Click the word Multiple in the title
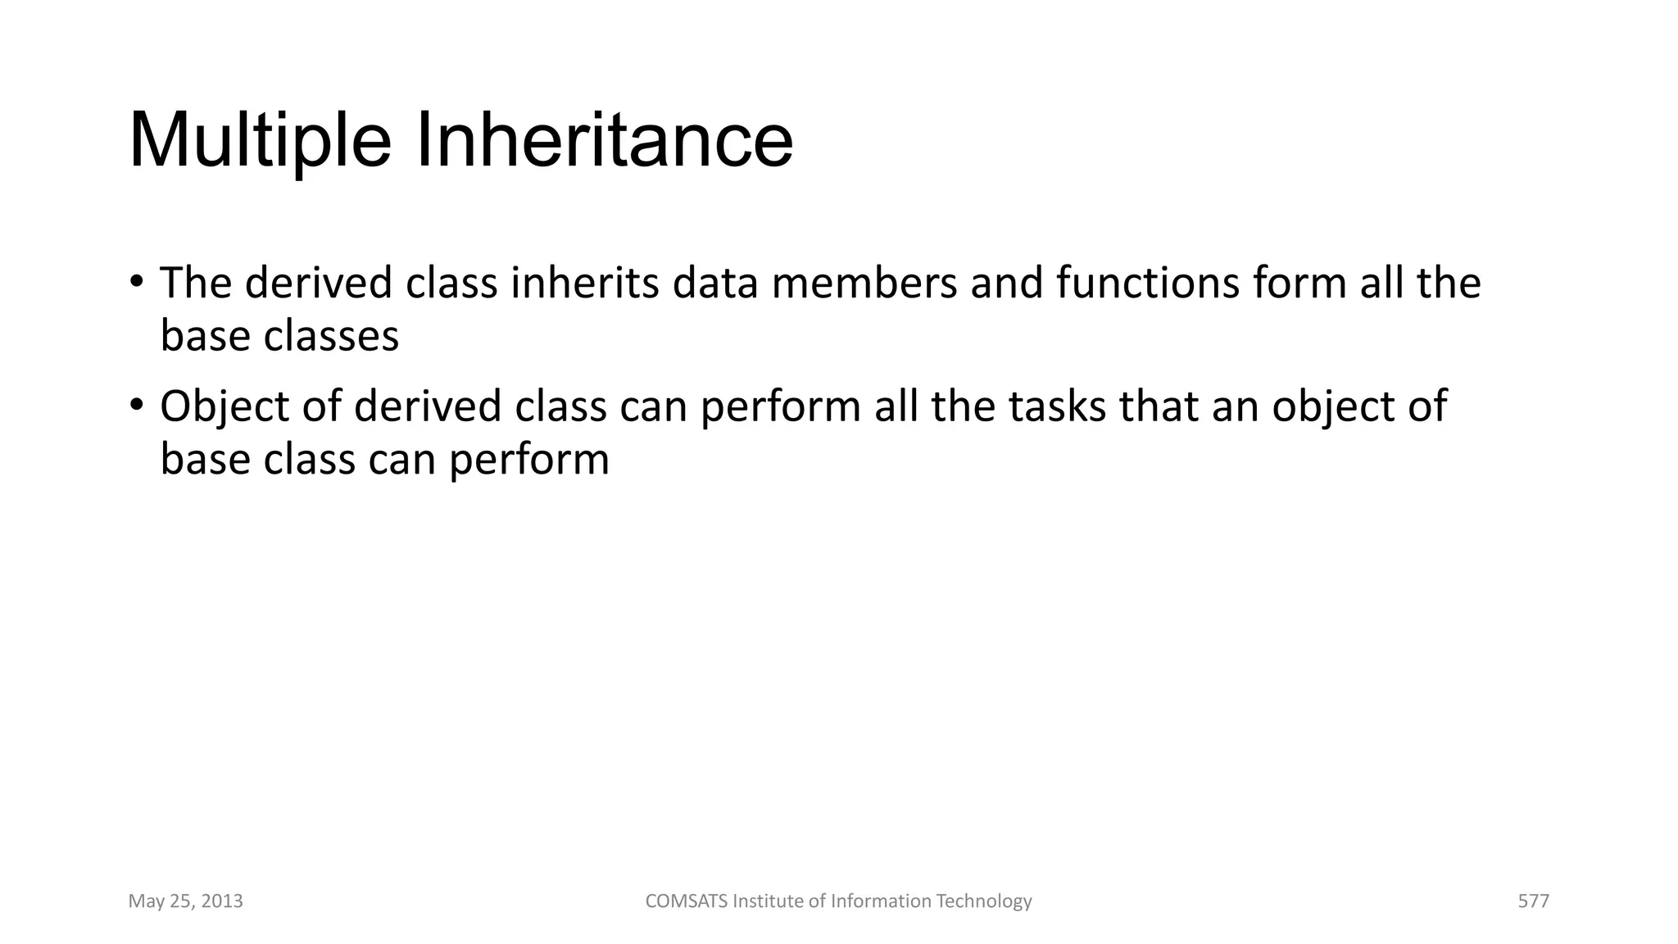[261, 141]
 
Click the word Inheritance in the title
[605, 141]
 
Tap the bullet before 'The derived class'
[137, 281]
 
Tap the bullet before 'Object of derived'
[137, 405]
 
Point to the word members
[864, 283]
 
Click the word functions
[1147, 283]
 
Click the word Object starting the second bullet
[224, 406]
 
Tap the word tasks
[1057, 406]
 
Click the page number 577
[1533, 901]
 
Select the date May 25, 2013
[185, 901]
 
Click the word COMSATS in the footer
[686, 901]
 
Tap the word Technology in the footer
[983, 901]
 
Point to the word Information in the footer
[881, 901]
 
